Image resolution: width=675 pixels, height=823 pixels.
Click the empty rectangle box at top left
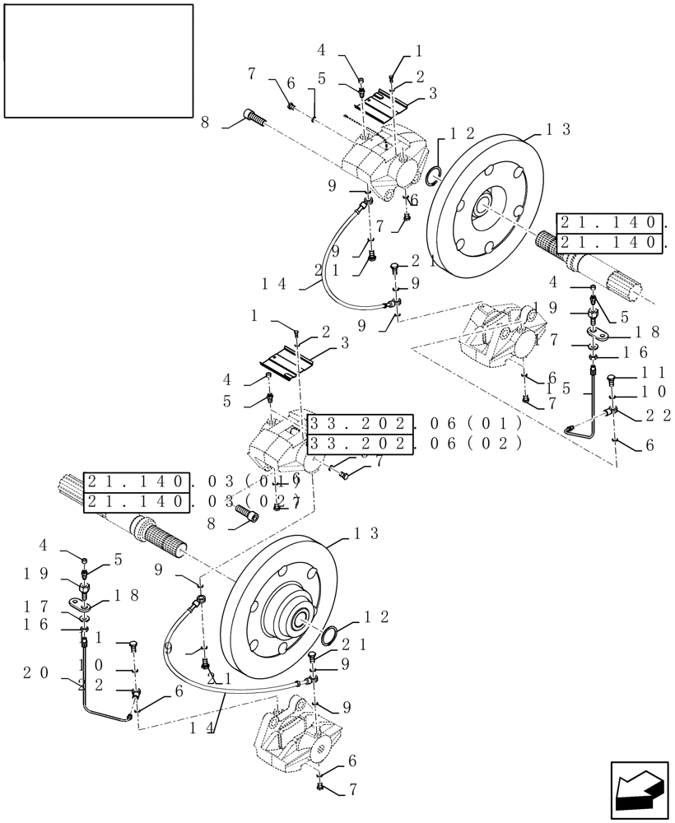[x=98, y=60]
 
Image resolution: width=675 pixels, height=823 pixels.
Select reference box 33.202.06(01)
[x=416, y=424]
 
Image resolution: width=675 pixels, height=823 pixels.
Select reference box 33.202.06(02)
[x=416, y=444]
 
